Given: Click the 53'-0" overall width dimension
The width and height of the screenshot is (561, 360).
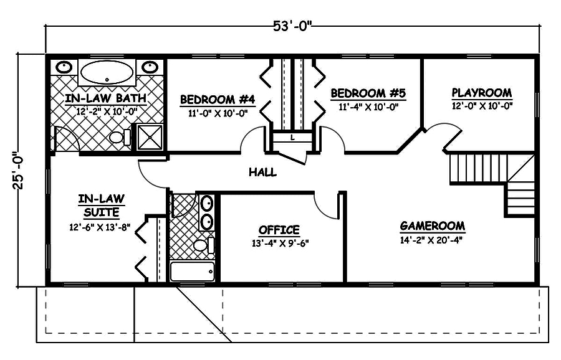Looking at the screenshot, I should pos(292,26).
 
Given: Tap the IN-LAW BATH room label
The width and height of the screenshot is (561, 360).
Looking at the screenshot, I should pos(106,98).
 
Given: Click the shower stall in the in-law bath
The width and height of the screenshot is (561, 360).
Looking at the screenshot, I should pos(148,138).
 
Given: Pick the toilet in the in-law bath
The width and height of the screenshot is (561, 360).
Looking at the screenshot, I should pos(118,137).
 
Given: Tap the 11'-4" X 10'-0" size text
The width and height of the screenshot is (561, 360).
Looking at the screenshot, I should pos(368,107).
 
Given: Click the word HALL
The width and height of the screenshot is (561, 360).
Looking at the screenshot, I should pos(262,172).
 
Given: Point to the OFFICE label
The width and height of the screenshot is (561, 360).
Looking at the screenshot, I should pos(279,230).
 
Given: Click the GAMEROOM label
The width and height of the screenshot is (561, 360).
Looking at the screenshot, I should pos(432,225).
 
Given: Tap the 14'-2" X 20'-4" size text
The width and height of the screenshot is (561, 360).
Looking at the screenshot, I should pos(432,239).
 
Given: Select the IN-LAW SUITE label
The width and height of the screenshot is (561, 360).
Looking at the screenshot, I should pos(101,206).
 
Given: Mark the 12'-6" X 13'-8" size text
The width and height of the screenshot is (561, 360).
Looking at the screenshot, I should pos(100,227).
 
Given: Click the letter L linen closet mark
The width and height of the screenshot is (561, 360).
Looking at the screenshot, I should pos(292,138).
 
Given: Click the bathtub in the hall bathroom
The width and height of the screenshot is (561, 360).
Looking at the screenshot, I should pos(193,272).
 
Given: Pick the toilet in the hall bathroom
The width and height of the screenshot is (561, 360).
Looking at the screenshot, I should pos(200,245).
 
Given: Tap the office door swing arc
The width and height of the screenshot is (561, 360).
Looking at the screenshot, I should pos(324,206).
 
